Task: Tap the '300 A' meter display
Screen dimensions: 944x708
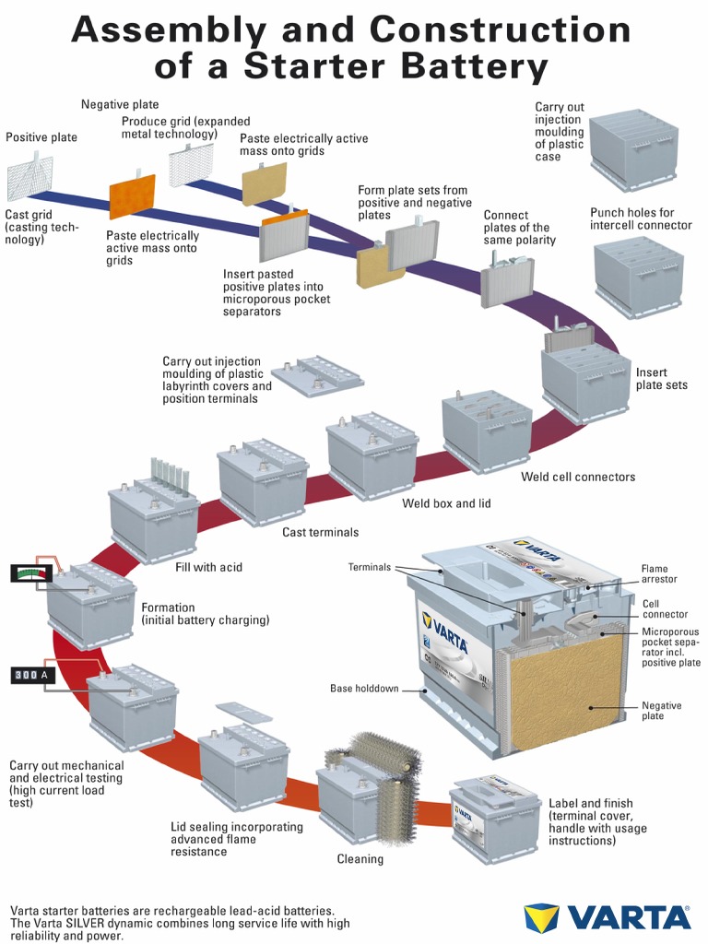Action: tap(30, 676)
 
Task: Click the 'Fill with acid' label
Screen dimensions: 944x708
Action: tap(208, 567)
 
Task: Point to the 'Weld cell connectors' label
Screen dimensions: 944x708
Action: tap(578, 477)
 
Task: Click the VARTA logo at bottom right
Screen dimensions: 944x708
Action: tap(608, 916)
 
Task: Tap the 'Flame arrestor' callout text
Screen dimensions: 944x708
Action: tap(659, 574)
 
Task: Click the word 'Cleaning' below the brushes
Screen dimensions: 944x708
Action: tap(360, 859)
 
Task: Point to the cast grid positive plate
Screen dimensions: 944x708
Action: tap(29, 178)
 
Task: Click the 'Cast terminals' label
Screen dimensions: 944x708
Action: tap(320, 532)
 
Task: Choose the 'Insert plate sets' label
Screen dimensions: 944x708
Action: tap(661, 379)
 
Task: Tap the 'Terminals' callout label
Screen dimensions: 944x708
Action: tap(369, 567)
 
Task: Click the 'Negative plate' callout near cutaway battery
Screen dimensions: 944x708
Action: tap(661, 711)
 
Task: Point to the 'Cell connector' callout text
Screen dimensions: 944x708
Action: tap(665, 609)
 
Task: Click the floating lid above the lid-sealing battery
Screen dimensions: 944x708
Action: tap(242, 713)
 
